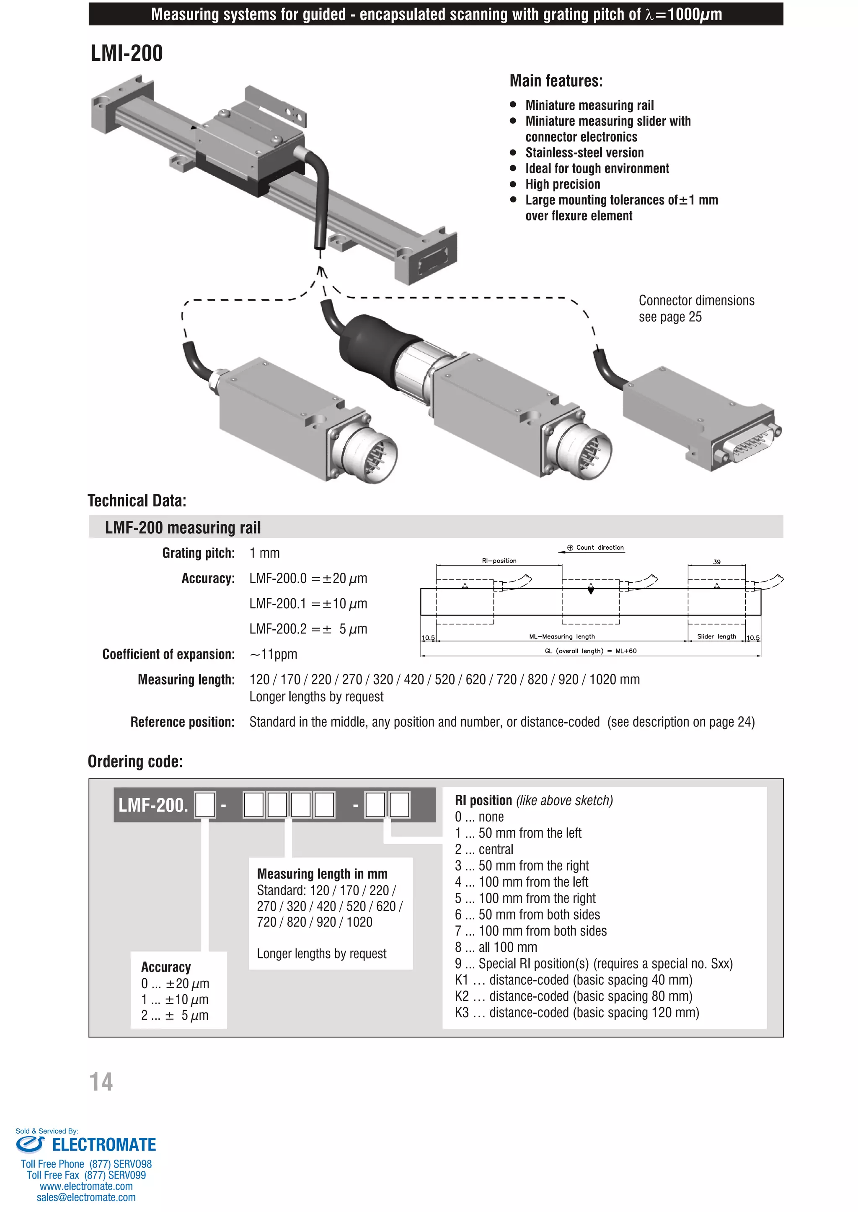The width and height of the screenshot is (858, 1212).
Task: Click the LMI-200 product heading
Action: point(127,53)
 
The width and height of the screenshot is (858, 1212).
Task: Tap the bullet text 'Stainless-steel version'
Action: point(584,152)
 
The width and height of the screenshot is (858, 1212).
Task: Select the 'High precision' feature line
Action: point(563,184)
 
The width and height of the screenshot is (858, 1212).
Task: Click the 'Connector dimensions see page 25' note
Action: point(696,308)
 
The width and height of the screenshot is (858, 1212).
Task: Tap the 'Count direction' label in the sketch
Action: point(599,548)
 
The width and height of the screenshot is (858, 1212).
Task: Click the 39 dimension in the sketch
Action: point(716,562)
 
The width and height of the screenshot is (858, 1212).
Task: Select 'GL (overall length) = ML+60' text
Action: point(590,651)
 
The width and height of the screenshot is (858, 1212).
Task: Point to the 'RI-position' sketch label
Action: point(499,561)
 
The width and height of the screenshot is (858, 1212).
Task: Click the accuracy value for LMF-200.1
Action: point(308,604)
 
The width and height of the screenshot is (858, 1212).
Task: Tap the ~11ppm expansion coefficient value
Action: point(273,655)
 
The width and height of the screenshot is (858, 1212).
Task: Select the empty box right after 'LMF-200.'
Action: point(205,805)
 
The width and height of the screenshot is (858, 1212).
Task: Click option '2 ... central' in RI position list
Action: point(484,849)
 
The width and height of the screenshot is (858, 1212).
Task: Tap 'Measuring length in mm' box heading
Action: point(322,874)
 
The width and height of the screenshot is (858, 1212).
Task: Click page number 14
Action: point(101,1082)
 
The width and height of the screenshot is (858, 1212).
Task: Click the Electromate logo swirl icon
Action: point(30,1145)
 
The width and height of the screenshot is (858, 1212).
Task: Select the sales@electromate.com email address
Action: point(86,1198)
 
